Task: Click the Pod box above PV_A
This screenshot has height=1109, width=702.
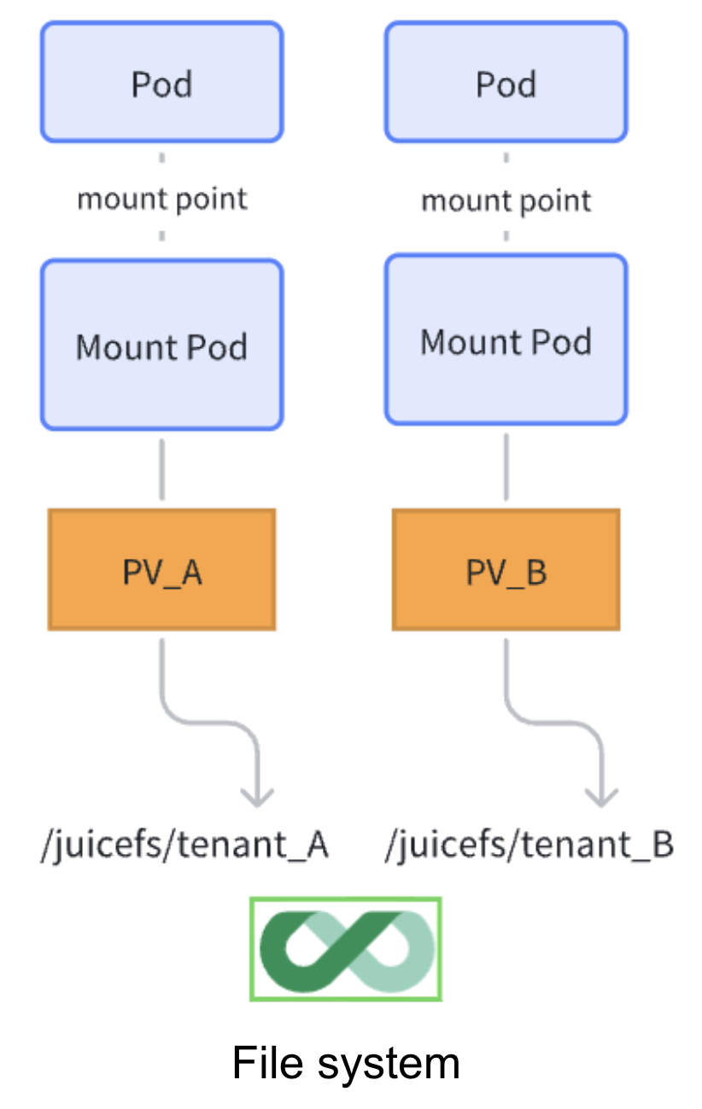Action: pyautogui.click(x=161, y=82)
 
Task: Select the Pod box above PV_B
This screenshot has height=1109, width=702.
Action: pyautogui.click(x=506, y=82)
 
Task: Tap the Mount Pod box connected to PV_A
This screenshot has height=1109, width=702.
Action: pyautogui.click(x=161, y=345)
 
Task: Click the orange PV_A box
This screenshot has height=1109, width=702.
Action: pyautogui.click(x=161, y=570)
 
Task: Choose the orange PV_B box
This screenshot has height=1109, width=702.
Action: pyautogui.click(x=506, y=570)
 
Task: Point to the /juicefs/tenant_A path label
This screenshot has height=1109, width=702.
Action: pyautogui.click(x=184, y=845)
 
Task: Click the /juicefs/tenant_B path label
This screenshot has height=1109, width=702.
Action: pyautogui.click(x=529, y=845)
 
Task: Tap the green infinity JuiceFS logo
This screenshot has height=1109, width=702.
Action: pyautogui.click(x=346, y=948)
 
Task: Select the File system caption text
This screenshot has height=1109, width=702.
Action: pyautogui.click(x=346, y=1063)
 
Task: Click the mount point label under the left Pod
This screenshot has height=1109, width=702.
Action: pyautogui.click(x=161, y=199)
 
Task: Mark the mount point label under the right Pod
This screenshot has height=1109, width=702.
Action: pyautogui.click(x=506, y=201)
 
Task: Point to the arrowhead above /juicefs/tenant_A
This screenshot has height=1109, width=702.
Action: pyautogui.click(x=257, y=798)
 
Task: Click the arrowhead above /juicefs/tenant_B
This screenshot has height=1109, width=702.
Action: pyautogui.click(x=601, y=798)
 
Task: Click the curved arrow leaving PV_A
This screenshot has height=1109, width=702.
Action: pyautogui.click(x=205, y=721)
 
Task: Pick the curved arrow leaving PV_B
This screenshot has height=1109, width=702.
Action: pyautogui.click(x=551, y=721)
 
